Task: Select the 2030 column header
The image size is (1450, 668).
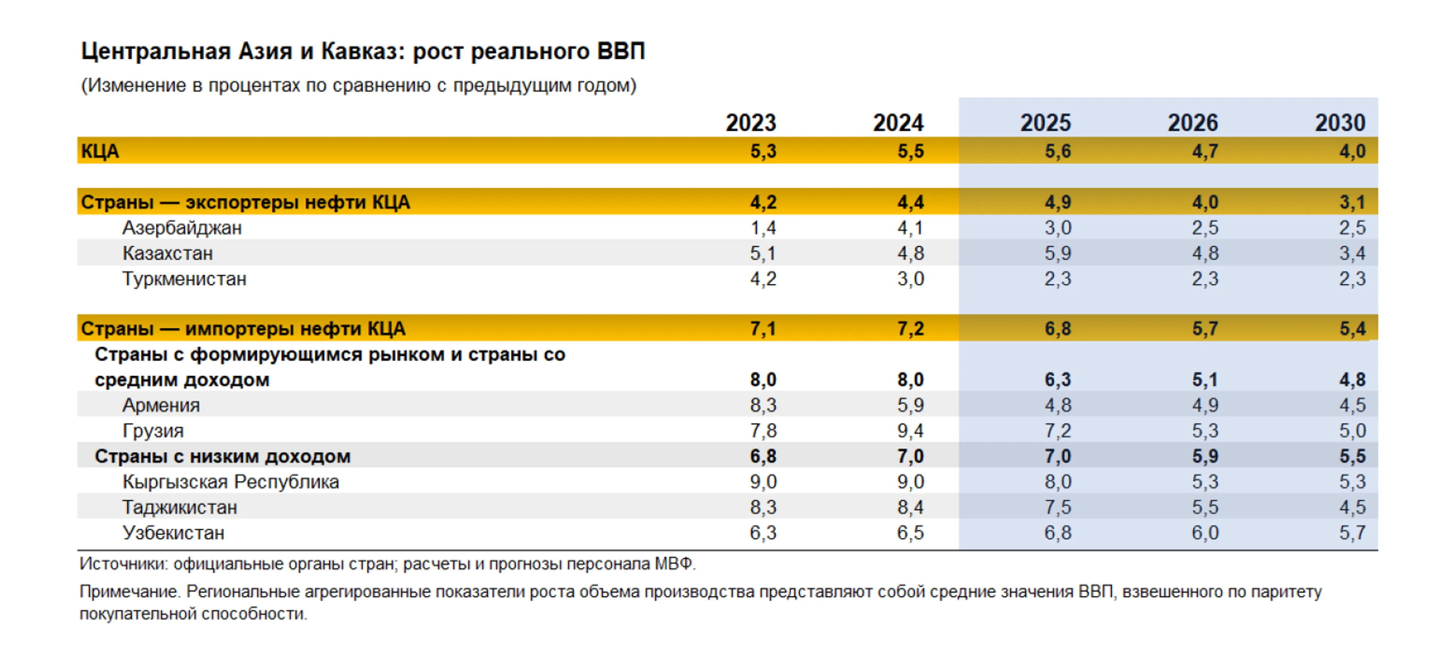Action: coord(1340,123)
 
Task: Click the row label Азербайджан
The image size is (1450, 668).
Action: coord(182,228)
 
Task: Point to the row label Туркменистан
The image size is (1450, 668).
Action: coord(184,279)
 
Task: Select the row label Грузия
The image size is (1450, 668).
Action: coord(153,430)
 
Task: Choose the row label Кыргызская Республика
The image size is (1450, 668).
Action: coord(231,482)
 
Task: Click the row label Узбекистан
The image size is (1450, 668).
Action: coord(173,532)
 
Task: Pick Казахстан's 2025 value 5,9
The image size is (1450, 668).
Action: coord(1058,253)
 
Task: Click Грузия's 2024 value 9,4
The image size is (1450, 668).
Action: coord(910,430)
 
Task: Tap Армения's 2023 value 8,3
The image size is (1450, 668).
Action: coord(763,405)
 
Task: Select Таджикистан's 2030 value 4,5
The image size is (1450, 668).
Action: coord(1352,507)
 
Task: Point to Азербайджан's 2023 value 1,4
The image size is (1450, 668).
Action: coord(763,228)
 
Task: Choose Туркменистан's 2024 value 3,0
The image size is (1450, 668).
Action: coord(910,279)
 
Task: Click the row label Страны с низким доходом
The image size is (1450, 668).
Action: coord(222,456)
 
